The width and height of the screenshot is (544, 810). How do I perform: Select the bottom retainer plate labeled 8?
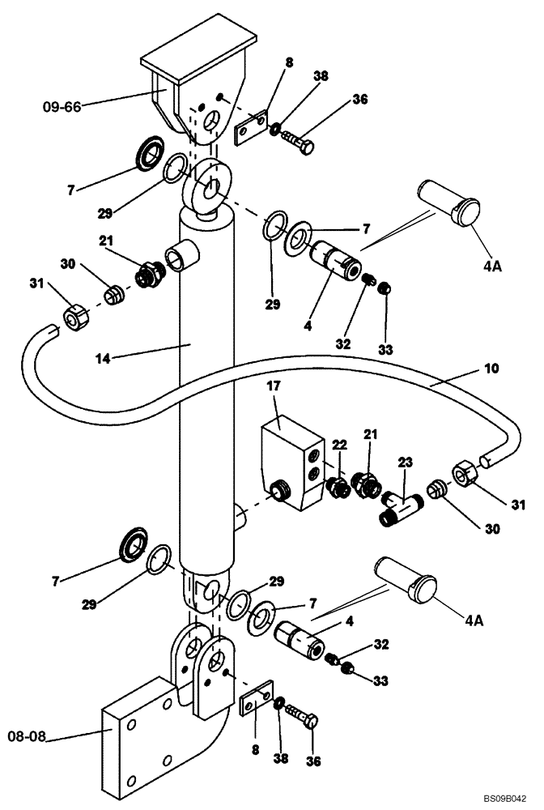[x=257, y=699]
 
